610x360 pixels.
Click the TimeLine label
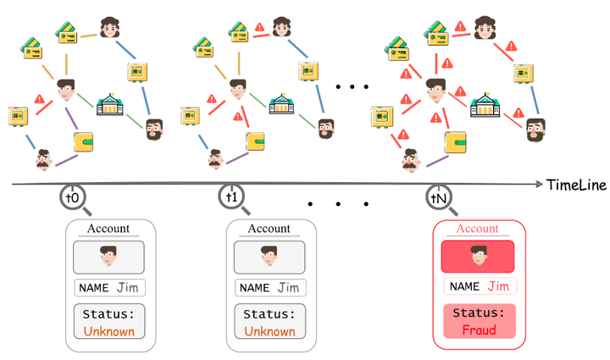pos(576,185)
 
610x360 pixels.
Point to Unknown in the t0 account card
pos(108,331)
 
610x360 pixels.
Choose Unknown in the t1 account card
pos(270,331)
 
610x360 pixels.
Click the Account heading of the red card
pos(478,229)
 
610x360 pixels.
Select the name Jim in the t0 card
pos(128,288)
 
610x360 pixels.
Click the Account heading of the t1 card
pos(269,229)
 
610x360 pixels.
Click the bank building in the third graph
pos(485,106)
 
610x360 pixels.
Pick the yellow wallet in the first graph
pos(88,139)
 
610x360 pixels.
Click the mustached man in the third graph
pos(412,158)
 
